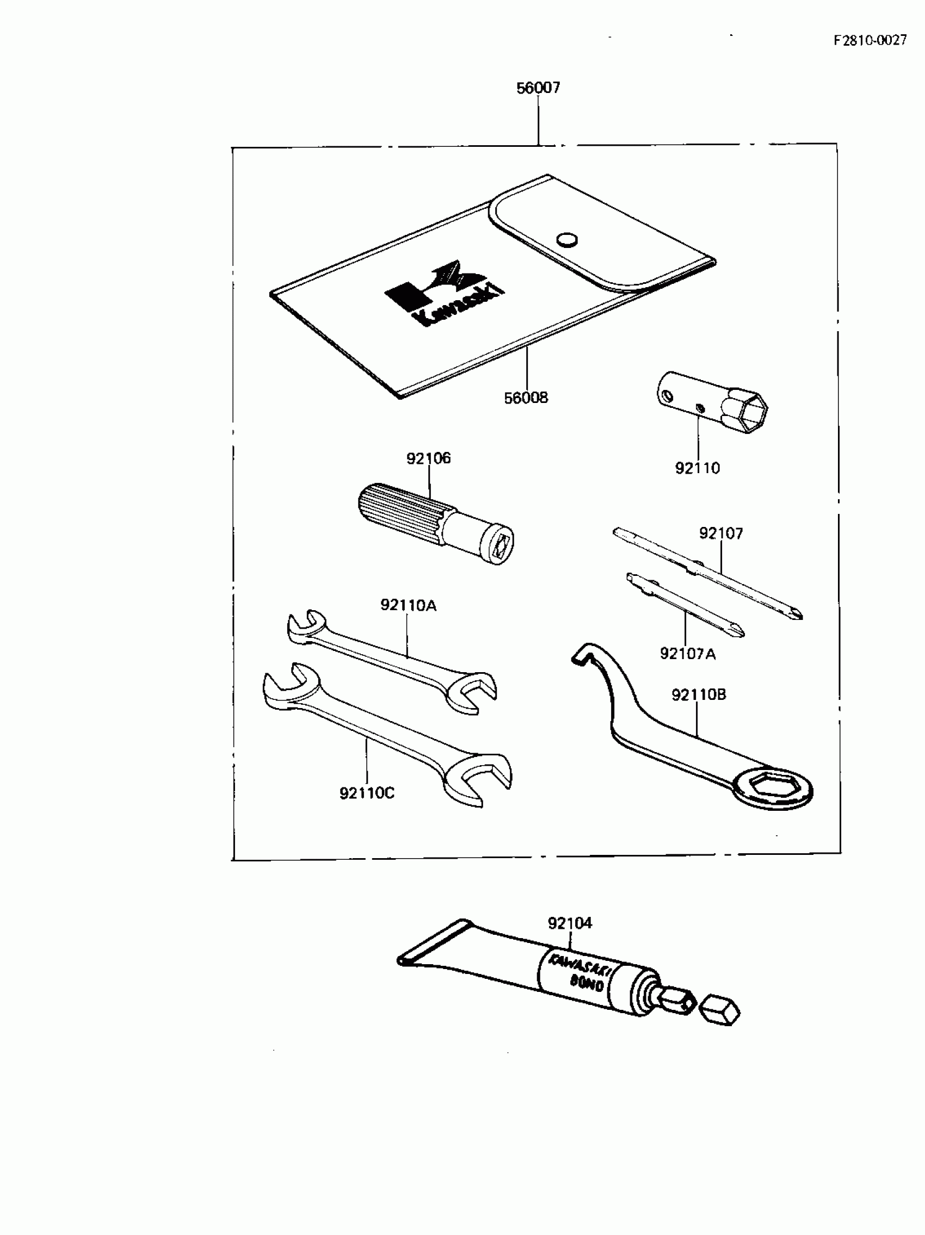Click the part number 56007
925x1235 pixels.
coord(538,88)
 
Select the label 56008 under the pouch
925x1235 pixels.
coord(526,398)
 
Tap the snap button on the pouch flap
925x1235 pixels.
coord(567,239)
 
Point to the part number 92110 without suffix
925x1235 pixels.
coord(697,468)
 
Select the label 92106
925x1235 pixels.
coord(428,458)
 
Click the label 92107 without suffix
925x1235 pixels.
coord(720,533)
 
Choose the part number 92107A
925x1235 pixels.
coord(687,653)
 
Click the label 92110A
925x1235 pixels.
coord(408,605)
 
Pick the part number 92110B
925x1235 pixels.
coord(698,694)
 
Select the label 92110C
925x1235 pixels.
coord(366,793)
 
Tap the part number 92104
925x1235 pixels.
coord(570,923)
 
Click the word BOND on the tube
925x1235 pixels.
coord(586,984)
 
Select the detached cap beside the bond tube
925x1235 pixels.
coord(719,1011)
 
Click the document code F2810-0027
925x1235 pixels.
coord(869,40)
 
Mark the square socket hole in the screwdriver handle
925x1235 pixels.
coord(501,543)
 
